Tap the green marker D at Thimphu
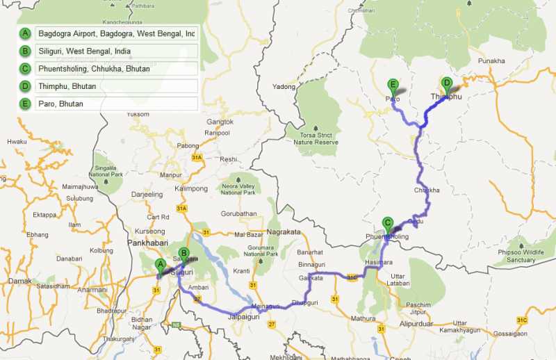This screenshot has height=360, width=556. point(447,83)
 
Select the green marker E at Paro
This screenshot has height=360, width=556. point(393,86)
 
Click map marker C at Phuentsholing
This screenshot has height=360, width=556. point(387,224)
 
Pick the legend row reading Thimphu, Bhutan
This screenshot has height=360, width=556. point(117,87)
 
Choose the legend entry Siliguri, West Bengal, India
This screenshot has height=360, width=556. point(117,51)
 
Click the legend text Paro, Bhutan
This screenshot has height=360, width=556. point(117,104)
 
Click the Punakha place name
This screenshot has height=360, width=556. point(491,61)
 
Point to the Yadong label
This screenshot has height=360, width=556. point(284,87)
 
